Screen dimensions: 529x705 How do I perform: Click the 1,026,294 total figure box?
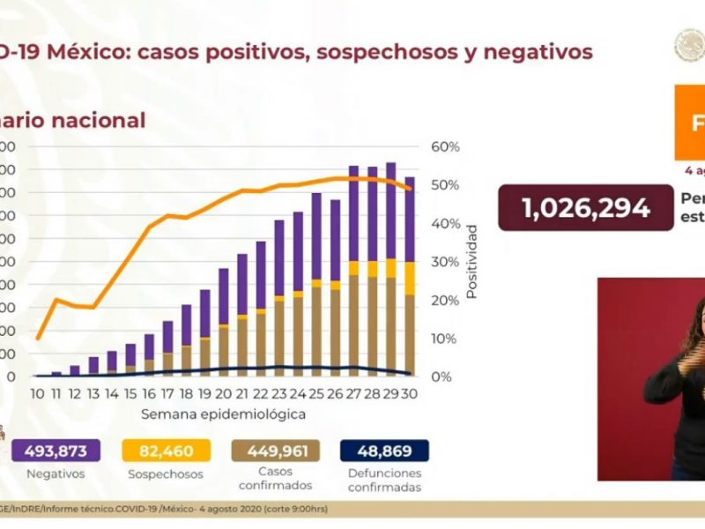coord(586,208)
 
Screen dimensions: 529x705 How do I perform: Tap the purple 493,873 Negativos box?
coord(56,451)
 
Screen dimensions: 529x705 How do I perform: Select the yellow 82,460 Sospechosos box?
coord(167,451)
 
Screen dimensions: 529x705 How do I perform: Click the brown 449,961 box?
coord(276,451)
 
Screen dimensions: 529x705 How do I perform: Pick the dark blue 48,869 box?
coord(384,451)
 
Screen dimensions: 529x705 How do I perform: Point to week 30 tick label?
coord(409,394)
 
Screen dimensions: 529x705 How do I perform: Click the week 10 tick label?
coord(38,394)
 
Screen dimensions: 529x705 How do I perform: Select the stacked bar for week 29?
coord(390,269)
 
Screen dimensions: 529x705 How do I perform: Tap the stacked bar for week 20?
coord(224,322)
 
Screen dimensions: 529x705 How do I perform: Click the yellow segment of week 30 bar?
coord(409,278)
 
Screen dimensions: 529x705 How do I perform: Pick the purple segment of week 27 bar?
coord(353,212)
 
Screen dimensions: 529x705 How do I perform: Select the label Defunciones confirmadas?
coord(384,481)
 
